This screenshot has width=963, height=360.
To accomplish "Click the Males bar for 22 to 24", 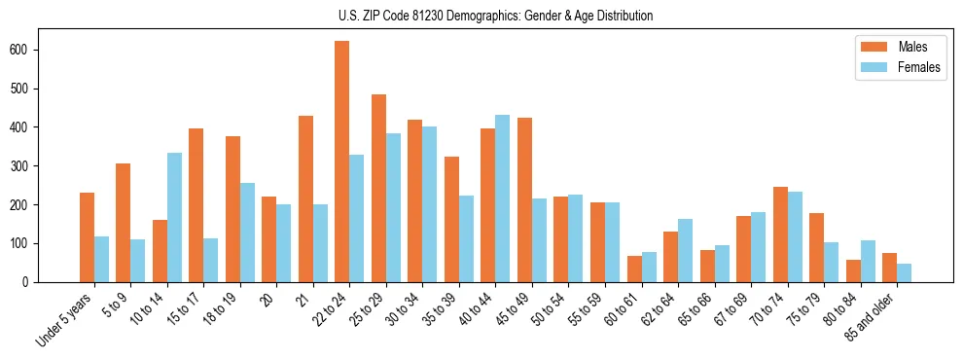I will (342, 162).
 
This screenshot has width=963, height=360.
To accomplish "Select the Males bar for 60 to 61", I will (634, 269).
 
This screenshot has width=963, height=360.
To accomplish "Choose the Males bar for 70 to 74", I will (743, 234).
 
